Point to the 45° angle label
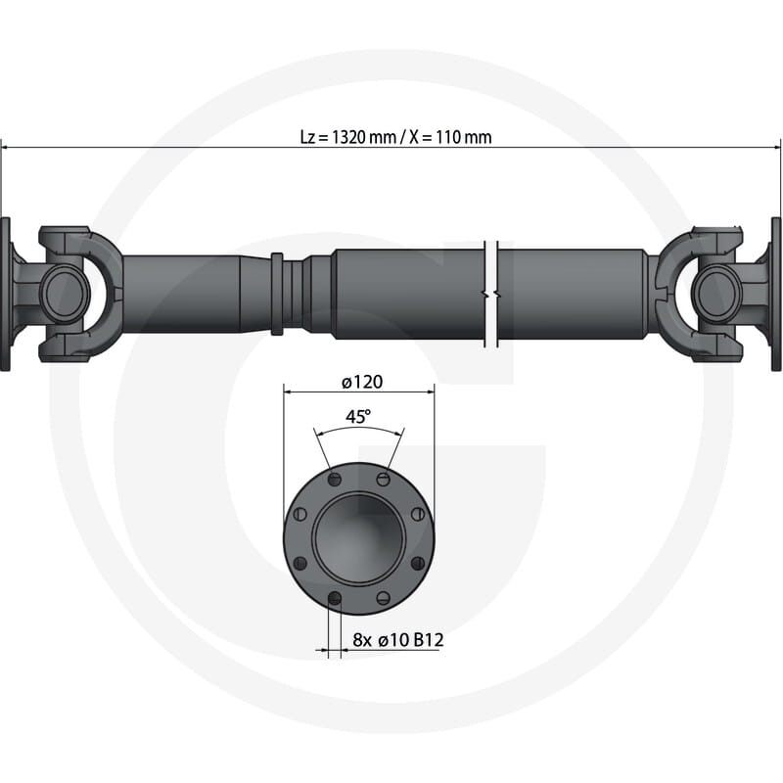359,416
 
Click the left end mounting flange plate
6,294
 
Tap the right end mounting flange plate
776,294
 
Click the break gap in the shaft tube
491,294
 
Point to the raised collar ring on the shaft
277,294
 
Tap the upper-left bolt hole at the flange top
335,479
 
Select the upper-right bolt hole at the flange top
384,479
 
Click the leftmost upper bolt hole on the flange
300,514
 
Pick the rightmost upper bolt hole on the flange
418,514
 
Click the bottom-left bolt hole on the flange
335,597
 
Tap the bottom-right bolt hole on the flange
384,597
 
